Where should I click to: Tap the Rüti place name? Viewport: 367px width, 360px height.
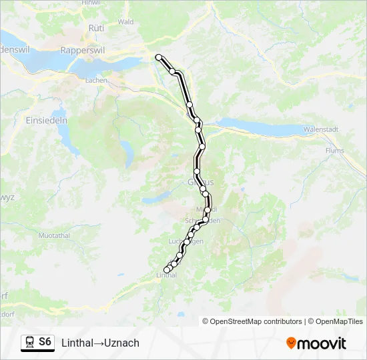coord(96,28)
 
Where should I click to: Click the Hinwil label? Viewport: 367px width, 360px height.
coord(90,3)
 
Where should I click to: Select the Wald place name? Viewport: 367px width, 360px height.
coord(125,21)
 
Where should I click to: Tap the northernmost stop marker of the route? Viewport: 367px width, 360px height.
coord(159,57)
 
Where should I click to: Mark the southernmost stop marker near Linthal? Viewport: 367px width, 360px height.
coord(167,269)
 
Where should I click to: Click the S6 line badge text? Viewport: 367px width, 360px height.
coord(45,342)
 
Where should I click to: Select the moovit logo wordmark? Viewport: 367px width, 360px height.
coord(322,343)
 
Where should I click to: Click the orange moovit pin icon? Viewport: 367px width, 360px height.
coord(292,343)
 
